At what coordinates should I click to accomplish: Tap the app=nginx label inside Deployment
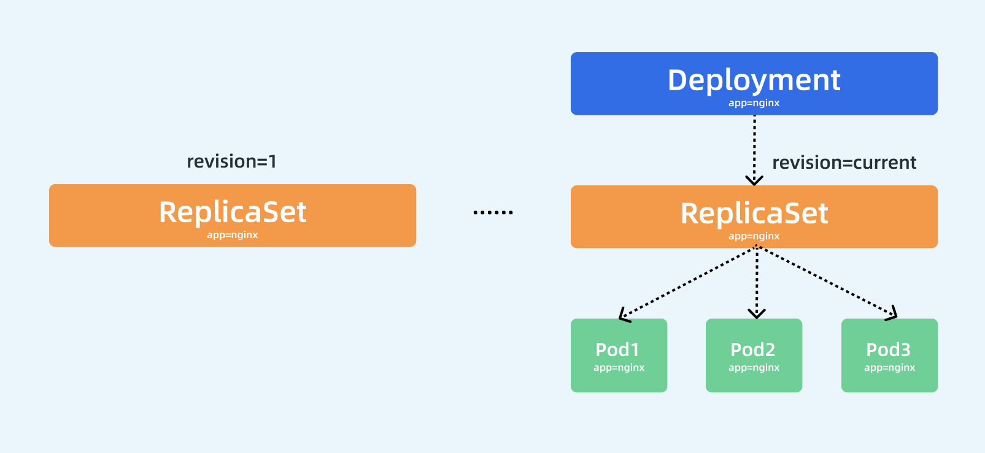(x=754, y=103)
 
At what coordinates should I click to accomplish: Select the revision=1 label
(x=231, y=161)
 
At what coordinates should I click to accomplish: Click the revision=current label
(x=844, y=163)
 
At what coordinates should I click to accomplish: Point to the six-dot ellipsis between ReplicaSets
(x=493, y=212)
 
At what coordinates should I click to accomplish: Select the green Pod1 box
(x=619, y=355)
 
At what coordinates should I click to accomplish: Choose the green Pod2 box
(x=754, y=355)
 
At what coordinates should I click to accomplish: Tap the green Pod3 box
(x=889, y=355)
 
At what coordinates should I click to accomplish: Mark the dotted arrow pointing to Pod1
(x=687, y=283)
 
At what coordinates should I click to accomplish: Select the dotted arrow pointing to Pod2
(x=757, y=282)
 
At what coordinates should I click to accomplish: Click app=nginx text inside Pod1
(x=619, y=368)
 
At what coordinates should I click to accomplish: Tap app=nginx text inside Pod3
(x=889, y=368)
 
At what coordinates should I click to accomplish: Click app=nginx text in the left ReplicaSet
(x=232, y=235)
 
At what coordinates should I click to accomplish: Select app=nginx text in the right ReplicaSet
(x=754, y=236)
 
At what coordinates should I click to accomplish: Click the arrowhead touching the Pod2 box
(x=757, y=314)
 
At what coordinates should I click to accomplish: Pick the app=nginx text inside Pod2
(x=754, y=368)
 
